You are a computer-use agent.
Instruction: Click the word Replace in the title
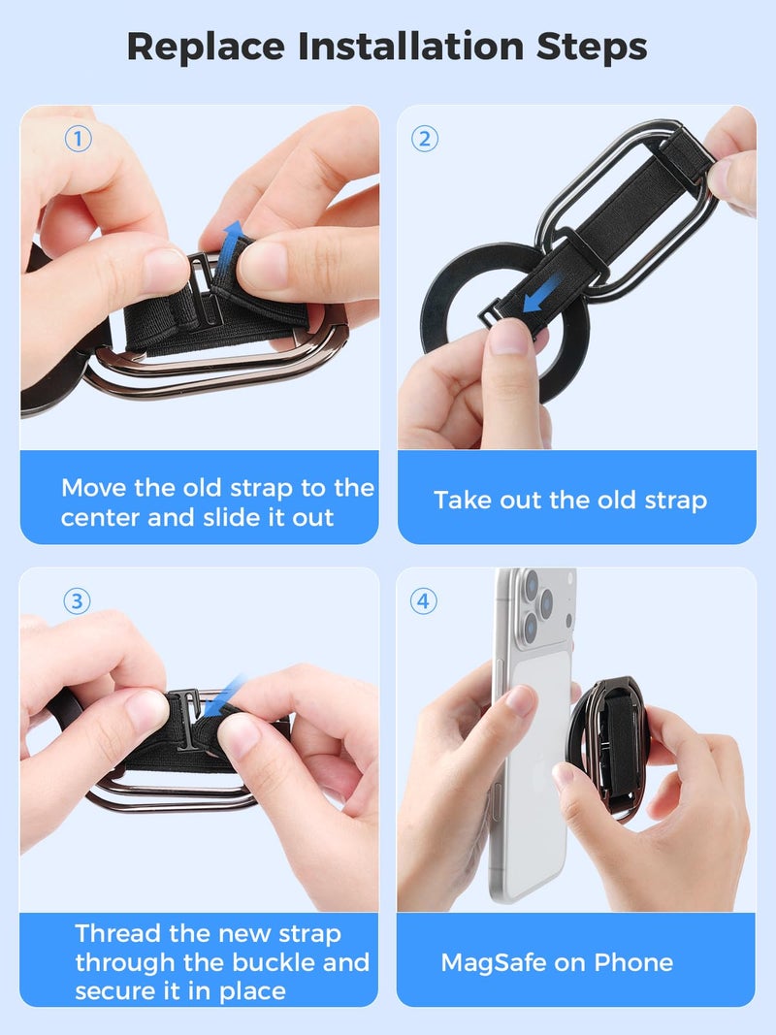[201, 47]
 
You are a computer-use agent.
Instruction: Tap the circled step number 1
[79, 139]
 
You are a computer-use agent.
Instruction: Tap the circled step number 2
[424, 139]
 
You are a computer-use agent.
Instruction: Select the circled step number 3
[79, 601]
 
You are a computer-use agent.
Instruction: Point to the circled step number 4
[424, 601]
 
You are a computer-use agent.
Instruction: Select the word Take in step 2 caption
[463, 501]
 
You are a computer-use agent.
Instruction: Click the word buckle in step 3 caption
[279, 962]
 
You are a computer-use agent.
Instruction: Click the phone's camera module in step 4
[532, 607]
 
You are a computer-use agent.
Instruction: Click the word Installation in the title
[413, 47]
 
